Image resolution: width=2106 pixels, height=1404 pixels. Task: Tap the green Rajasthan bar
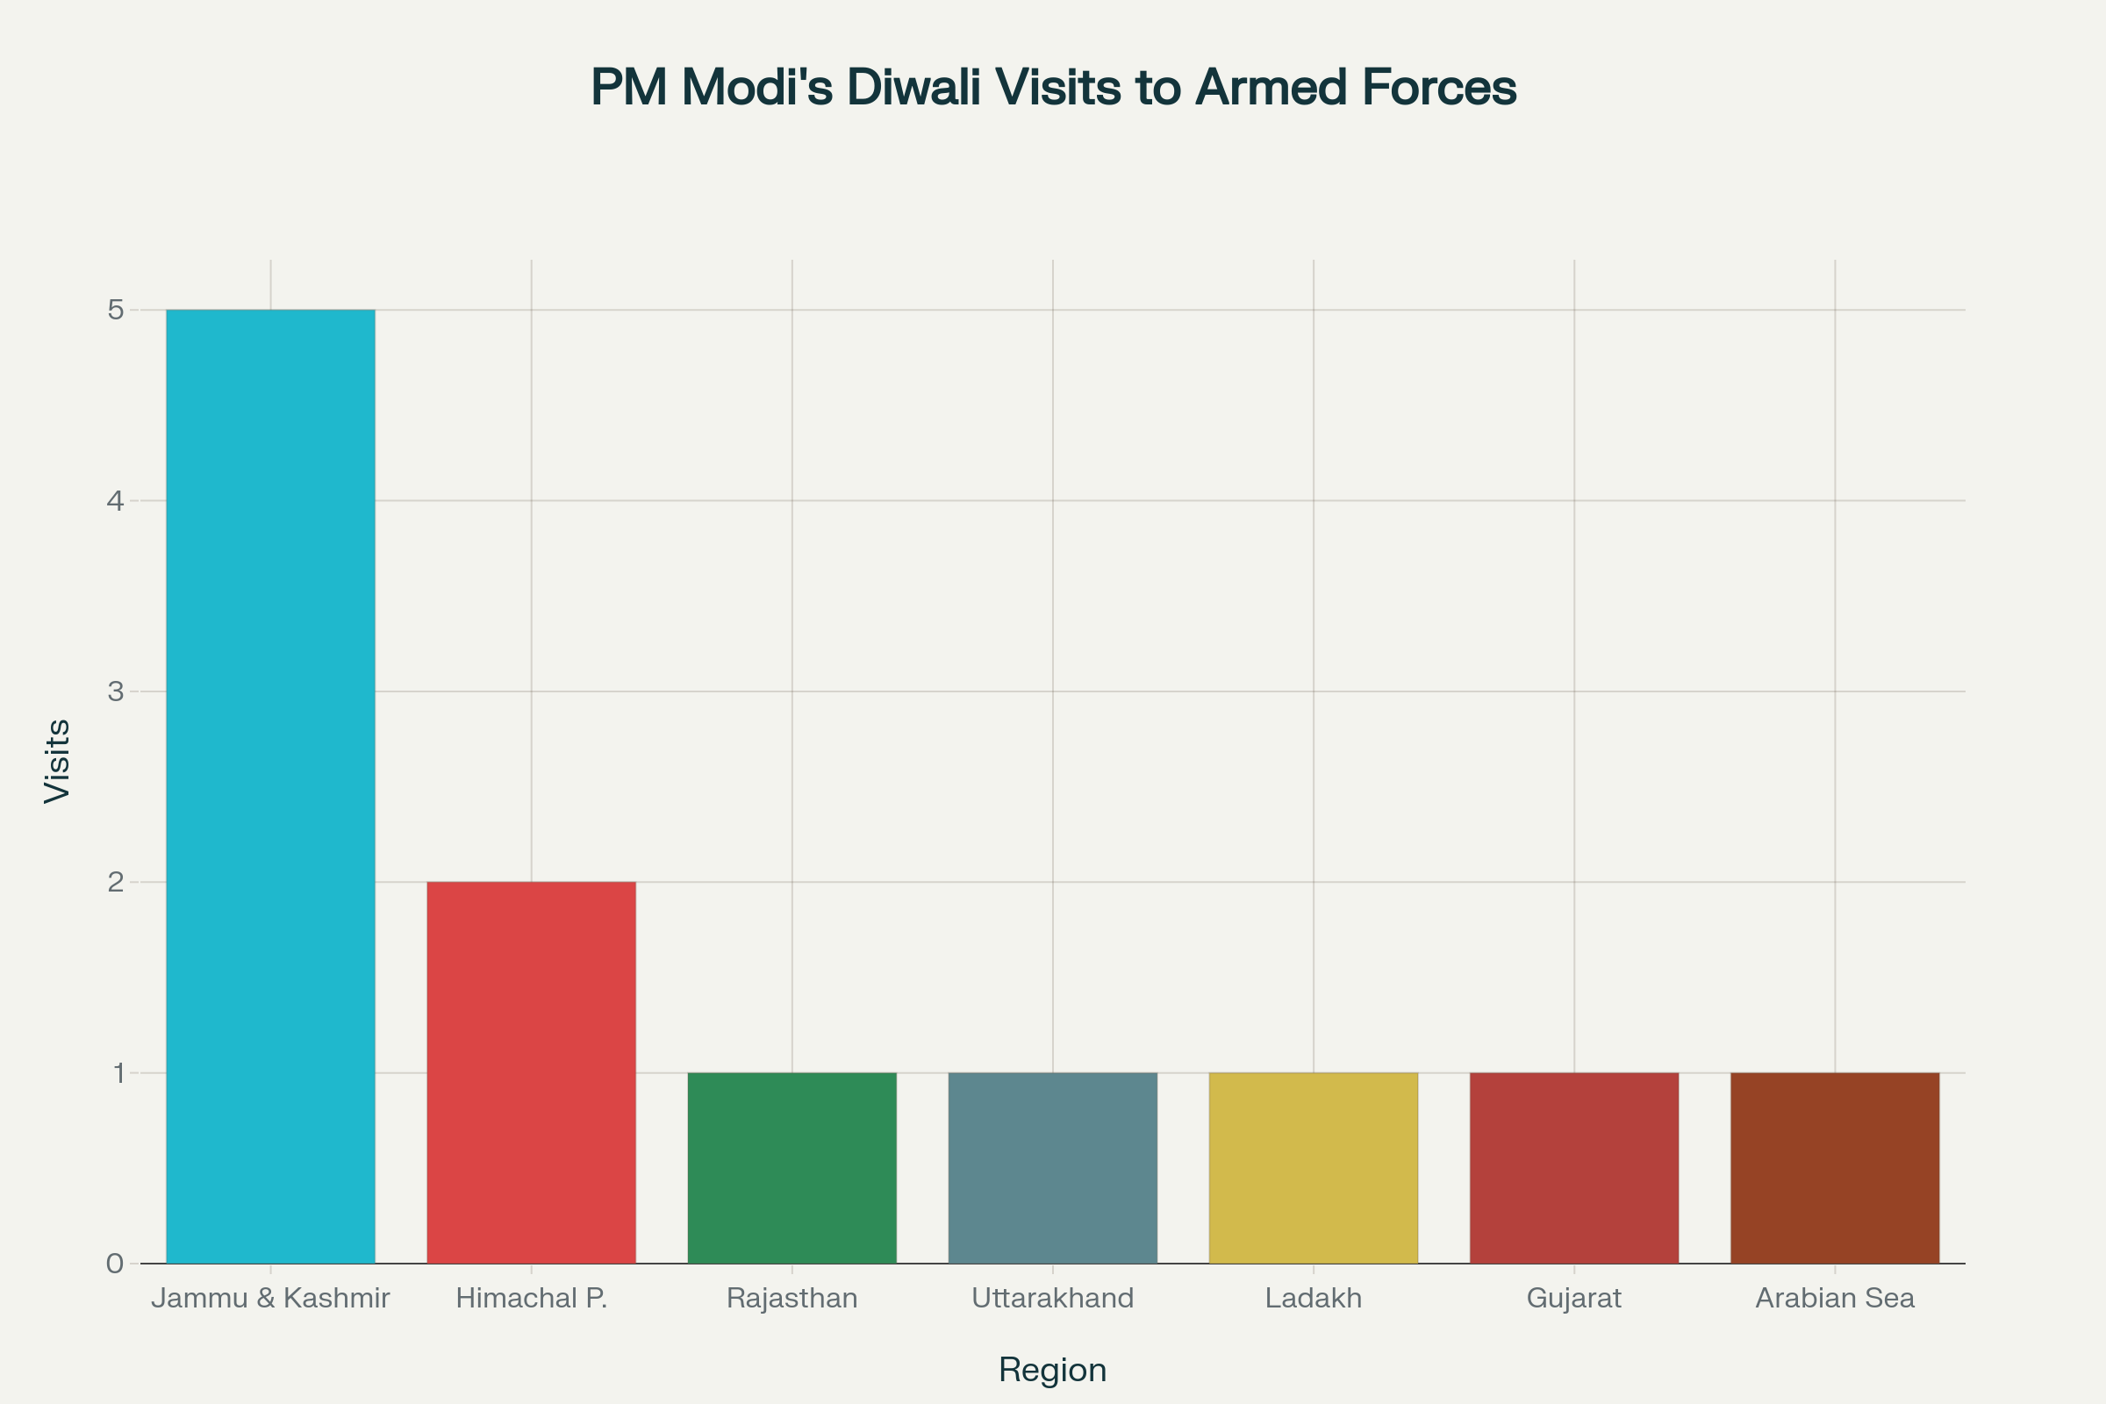pyautogui.click(x=792, y=1168)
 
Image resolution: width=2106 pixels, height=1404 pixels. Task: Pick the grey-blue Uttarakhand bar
pyautogui.click(x=1052, y=1168)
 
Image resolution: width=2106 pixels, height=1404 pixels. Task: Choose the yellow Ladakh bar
pyautogui.click(x=1313, y=1168)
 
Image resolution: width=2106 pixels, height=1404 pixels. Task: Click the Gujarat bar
pyautogui.click(x=1573, y=1168)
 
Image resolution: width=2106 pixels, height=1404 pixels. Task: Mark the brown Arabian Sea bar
pyautogui.click(x=1835, y=1168)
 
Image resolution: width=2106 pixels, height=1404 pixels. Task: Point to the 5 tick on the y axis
pyautogui.click(x=116, y=311)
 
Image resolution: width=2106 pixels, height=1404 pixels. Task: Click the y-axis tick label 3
pyautogui.click(x=116, y=691)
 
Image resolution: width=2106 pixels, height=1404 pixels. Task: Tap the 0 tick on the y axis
pyautogui.click(x=116, y=1264)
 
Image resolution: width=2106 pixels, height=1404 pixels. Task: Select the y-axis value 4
pyautogui.click(x=116, y=500)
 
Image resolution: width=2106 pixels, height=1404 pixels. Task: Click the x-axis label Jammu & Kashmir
pyautogui.click(x=270, y=1299)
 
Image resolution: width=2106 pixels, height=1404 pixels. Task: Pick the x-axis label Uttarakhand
pyautogui.click(x=1052, y=1299)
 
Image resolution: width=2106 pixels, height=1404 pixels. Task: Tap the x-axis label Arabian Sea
pyautogui.click(x=1835, y=1299)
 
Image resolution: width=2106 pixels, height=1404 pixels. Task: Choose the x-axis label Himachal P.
pyautogui.click(x=531, y=1299)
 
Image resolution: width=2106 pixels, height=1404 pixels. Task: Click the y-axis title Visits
pyautogui.click(x=57, y=761)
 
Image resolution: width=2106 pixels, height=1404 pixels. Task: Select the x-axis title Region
pyautogui.click(x=1052, y=1370)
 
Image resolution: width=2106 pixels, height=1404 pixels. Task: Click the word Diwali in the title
pyautogui.click(x=913, y=88)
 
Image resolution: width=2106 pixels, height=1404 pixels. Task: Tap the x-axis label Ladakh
pyautogui.click(x=1313, y=1299)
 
